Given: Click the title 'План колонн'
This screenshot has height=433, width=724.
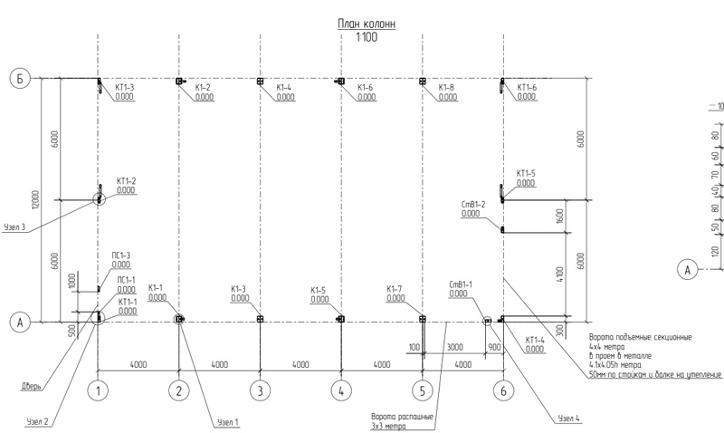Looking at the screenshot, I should (366, 24).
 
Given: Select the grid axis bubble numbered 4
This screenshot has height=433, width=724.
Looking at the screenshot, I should (341, 390).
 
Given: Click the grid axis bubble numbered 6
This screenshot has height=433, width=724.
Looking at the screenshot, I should (503, 390).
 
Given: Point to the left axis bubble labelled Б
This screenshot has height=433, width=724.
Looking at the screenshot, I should (20, 79).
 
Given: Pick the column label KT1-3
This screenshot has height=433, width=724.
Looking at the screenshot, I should (125, 88).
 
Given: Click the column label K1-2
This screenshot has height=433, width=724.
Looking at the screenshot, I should (202, 88).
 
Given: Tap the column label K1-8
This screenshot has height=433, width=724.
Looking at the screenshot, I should (446, 88).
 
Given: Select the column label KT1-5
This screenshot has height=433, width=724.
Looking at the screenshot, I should (526, 173).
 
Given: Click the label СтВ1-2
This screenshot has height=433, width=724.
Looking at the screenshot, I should (473, 205).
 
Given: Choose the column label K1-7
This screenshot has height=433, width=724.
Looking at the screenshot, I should (396, 289).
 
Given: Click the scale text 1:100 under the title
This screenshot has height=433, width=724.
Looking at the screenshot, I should (366, 38).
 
